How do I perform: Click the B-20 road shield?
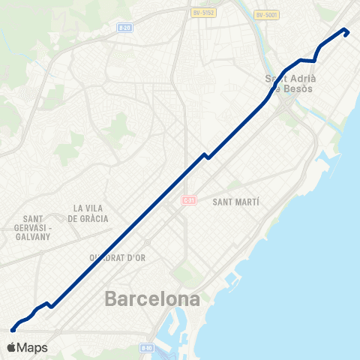tap(124, 28)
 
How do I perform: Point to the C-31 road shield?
tap(188, 200)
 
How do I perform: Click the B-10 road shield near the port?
tap(147, 348)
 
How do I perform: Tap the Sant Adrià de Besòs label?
tap(292, 83)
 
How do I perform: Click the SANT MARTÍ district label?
tap(236, 202)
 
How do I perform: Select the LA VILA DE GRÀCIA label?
tap(88, 213)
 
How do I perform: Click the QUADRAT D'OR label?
tap(118, 257)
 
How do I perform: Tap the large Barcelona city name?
tap(153, 299)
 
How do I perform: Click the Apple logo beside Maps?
tap(11, 347)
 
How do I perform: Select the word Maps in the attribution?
tap(33, 347)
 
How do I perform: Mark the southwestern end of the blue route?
tap(13, 328)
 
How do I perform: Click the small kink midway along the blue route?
tap(205, 155)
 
